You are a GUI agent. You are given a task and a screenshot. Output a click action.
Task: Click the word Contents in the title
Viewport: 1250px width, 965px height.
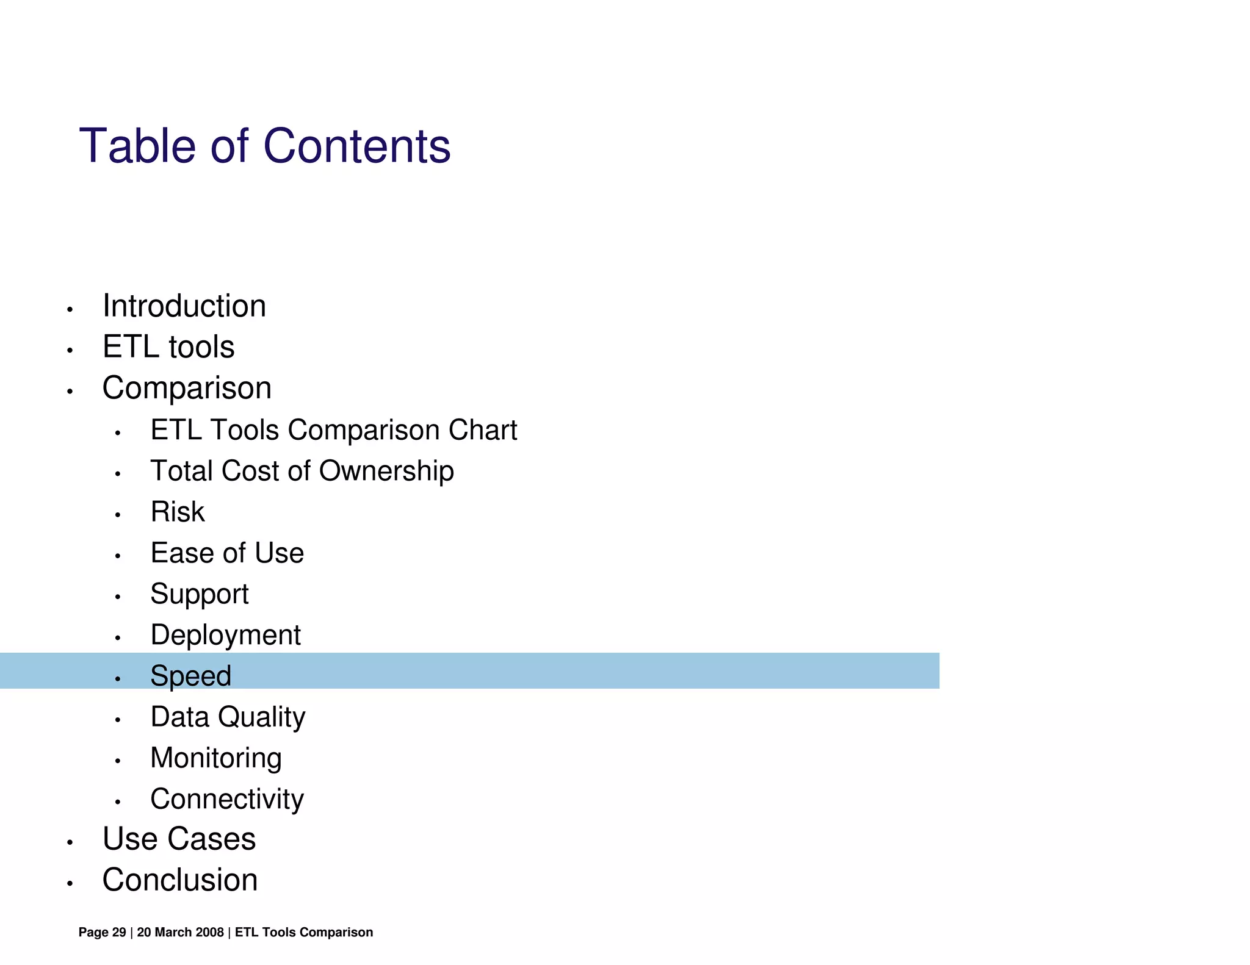(356, 146)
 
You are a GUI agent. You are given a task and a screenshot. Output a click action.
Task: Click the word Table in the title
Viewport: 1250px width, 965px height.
(137, 146)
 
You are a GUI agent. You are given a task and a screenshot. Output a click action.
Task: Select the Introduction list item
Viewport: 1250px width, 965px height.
(184, 306)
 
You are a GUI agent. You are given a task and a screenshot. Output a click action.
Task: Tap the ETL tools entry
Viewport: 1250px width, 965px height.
(168, 347)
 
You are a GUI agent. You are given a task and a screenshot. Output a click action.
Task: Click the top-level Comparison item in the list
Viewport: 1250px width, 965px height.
(187, 388)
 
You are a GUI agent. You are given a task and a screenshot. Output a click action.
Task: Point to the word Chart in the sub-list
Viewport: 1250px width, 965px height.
(482, 430)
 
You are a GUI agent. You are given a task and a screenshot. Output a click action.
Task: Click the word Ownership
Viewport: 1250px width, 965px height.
(386, 472)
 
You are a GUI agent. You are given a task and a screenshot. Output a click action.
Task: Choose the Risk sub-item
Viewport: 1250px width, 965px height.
(178, 512)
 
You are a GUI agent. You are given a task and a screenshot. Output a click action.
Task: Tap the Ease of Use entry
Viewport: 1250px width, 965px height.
(227, 553)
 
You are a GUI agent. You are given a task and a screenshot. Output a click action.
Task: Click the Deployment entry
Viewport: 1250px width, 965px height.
(225, 636)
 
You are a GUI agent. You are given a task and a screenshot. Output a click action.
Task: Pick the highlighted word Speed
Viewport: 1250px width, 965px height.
(191, 676)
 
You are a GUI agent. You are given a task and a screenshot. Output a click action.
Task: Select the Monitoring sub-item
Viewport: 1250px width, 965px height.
(216, 759)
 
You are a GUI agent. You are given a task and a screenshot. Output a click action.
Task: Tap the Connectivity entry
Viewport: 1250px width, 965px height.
(227, 800)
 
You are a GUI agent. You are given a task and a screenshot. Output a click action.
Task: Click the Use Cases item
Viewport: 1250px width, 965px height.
(179, 839)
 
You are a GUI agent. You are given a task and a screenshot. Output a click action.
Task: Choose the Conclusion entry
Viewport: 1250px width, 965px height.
(180, 880)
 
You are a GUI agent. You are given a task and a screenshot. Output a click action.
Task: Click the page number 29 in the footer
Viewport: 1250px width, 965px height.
(119, 932)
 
